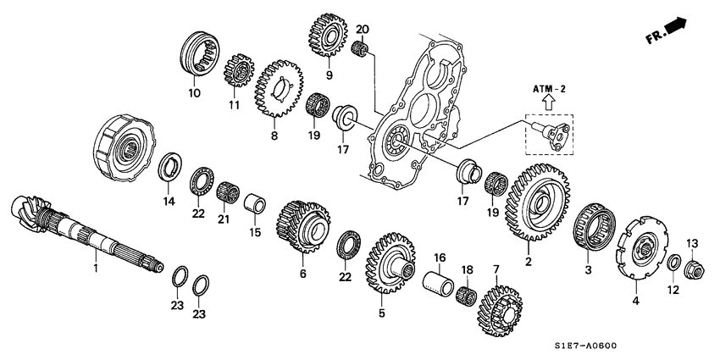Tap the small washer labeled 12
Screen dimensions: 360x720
[x=674, y=263]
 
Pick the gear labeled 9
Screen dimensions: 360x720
[x=324, y=33]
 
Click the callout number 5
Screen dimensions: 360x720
[x=381, y=314]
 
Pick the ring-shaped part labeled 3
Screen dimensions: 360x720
[x=591, y=230]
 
